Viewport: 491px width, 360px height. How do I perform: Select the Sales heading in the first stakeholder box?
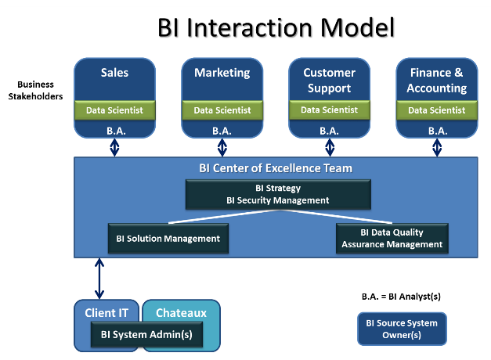pos(114,73)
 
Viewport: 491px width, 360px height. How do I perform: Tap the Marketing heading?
pos(222,73)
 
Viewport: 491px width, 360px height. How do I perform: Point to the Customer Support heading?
pos(330,81)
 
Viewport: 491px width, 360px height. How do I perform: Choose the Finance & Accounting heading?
pos(437,81)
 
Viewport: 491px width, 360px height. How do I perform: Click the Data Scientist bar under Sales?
pos(114,110)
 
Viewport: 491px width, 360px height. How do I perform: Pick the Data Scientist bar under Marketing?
pos(222,110)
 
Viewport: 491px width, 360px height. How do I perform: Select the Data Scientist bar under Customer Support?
pos(330,110)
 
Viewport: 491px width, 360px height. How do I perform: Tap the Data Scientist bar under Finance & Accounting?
pos(437,110)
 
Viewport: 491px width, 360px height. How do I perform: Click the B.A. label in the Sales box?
pos(114,131)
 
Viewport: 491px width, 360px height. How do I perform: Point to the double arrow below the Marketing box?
pos(222,148)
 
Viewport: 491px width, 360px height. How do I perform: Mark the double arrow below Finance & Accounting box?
pos(437,148)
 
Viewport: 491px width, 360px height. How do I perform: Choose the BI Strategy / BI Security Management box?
pos(278,194)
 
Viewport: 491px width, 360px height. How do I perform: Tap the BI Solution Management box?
pos(168,239)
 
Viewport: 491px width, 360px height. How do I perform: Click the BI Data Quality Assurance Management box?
pos(392,239)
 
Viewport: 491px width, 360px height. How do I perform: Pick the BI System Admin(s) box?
pos(146,335)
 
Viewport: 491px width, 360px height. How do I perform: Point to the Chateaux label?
pos(182,313)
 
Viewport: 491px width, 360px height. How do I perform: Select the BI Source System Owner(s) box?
pos(402,329)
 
